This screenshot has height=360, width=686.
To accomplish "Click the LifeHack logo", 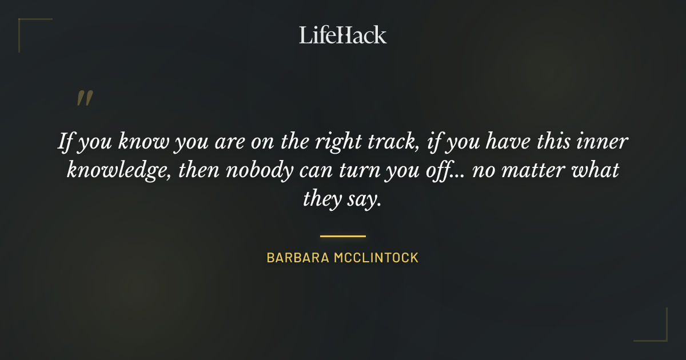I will pyautogui.click(x=342, y=35).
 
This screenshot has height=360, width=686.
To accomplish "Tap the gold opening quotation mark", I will pyautogui.click(x=85, y=98).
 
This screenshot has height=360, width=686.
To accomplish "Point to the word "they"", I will pyautogui.click(x=324, y=200).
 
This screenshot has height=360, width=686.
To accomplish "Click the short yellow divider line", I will pyautogui.click(x=342, y=235).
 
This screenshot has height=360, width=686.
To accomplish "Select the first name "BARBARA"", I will pyautogui.click(x=297, y=258).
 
